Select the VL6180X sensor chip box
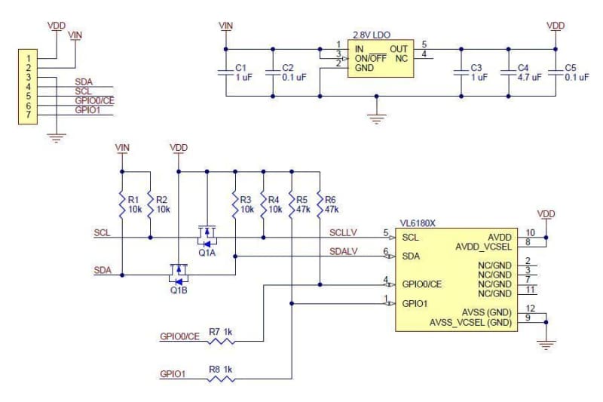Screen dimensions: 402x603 click(x=457, y=279)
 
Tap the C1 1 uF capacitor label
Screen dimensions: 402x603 click(x=240, y=72)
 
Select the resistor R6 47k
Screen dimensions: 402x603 click(x=320, y=204)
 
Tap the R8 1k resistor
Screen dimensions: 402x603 click(x=222, y=378)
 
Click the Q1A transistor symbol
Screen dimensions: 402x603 click(x=207, y=238)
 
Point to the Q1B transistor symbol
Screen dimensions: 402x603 click(x=179, y=272)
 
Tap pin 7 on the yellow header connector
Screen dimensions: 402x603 click(x=28, y=115)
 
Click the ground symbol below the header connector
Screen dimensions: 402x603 click(x=53, y=137)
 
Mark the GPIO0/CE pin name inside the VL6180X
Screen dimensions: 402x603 click(x=422, y=284)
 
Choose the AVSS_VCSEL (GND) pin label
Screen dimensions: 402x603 click(x=471, y=322)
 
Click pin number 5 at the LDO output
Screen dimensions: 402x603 click(x=424, y=44)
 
